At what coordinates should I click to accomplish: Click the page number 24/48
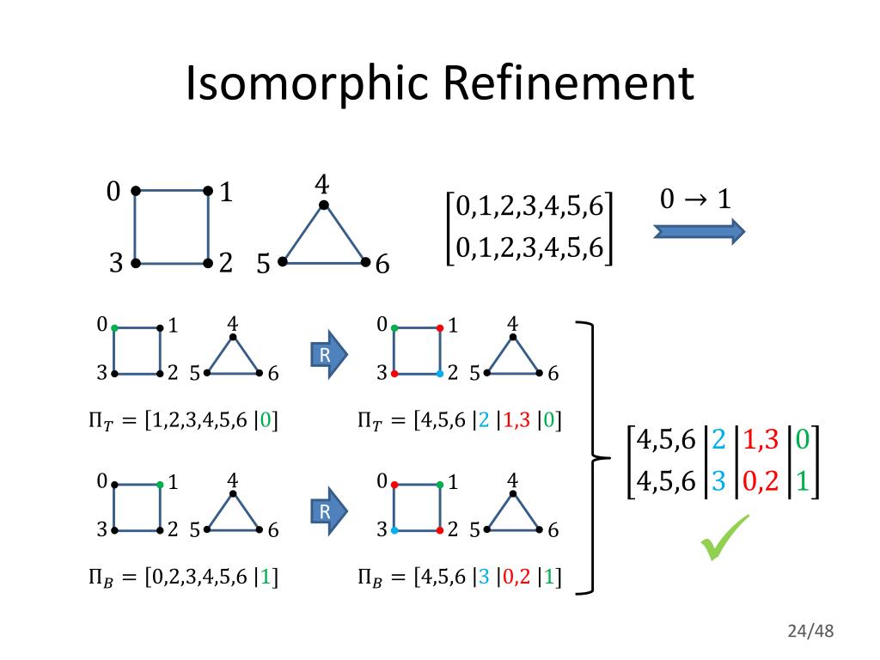click(x=810, y=632)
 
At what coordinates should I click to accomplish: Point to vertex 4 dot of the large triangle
click(x=323, y=205)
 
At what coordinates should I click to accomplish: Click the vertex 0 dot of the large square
click(x=136, y=191)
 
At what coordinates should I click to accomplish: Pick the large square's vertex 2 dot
click(x=208, y=262)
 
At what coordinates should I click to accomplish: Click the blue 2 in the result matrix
click(x=718, y=439)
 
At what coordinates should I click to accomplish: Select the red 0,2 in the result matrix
click(x=761, y=480)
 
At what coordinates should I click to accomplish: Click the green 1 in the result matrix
click(x=802, y=480)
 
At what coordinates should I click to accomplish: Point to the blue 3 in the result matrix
click(x=718, y=480)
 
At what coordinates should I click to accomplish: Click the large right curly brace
click(x=591, y=458)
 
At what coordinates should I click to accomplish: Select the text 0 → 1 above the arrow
click(x=695, y=199)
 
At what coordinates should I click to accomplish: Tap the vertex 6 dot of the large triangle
click(x=365, y=261)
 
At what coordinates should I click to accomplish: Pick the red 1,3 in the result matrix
click(x=761, y=439)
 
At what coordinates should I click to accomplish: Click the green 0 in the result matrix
click(x=802, y=439)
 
